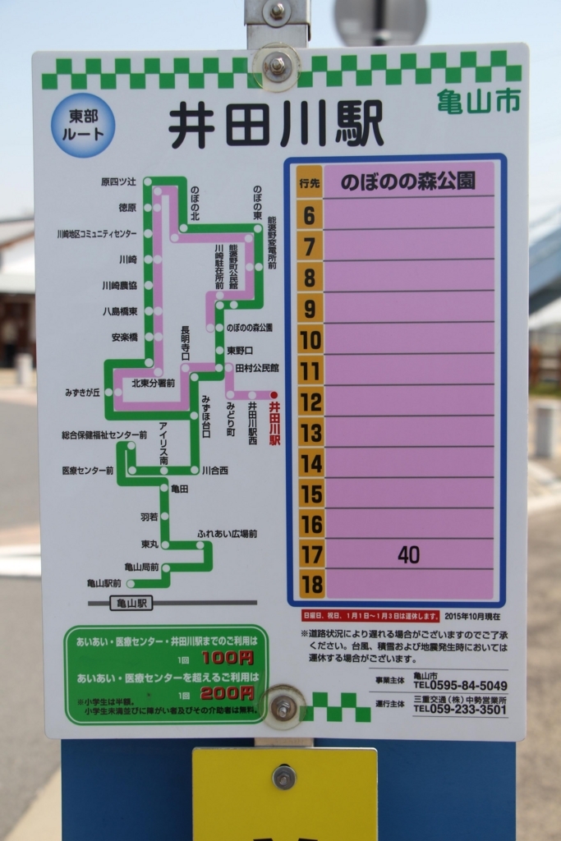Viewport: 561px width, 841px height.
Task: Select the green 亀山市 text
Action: click(x=478, y=101)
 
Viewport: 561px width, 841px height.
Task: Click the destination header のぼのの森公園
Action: click(x=408, y=182)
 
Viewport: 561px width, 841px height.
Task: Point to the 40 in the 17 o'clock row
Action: click(x=408, y=555)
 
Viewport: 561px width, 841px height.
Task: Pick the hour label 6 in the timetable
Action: click(x=309, y=216)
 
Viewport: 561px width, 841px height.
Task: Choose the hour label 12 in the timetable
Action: click(x=310, y=402)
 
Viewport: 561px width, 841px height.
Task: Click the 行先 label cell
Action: click(x=309, y=182)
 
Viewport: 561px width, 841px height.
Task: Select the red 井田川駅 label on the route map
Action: click(x=275, y=423)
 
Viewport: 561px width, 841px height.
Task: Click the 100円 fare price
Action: click(x=227, y=658)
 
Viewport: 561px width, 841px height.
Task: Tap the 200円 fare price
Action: click(x=227, y=693)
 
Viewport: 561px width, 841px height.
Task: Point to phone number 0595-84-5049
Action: click(x=460, y=685)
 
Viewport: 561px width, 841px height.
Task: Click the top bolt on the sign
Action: click(x=277, y=65)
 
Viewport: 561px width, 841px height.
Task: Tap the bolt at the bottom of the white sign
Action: click(x=284, y=706)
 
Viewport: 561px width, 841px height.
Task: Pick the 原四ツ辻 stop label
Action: click(x=118, y=182)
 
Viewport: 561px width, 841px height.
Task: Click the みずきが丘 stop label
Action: click(x=83, y=392)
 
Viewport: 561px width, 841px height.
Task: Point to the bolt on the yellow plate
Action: click(x=284, y=777)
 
